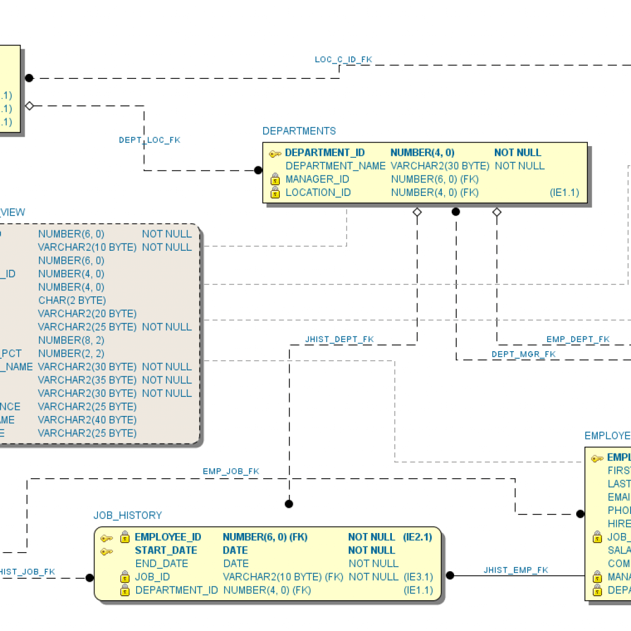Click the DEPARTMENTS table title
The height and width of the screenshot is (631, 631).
[299, 131]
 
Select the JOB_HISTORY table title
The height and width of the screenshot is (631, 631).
[128, 515]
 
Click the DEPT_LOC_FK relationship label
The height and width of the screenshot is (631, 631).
[150, 140]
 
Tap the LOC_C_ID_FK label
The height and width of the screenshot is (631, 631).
[343, 60]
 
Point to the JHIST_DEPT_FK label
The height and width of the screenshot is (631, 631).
[339, 340]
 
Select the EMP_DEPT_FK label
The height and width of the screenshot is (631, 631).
[577, 340]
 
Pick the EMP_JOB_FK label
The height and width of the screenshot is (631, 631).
[230, 471]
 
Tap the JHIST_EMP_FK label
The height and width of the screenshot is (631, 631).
[515, 570]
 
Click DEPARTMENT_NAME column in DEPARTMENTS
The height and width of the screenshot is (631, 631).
[335, 166]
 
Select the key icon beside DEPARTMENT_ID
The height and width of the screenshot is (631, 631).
[275, 153]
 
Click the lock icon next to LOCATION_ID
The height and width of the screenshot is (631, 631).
[275, 193]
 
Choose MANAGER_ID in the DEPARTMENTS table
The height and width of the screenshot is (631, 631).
[317, 179]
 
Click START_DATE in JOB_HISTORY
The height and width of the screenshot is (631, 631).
[166, 550]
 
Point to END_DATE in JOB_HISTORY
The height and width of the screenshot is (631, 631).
[161, 564]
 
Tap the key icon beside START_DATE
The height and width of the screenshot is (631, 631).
[107, 551]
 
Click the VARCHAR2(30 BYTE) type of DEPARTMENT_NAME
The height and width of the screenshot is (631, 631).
[440, 166]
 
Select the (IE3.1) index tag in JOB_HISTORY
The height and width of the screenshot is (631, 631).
[418, 577]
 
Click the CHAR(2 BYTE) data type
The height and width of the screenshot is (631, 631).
[72, 300]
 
